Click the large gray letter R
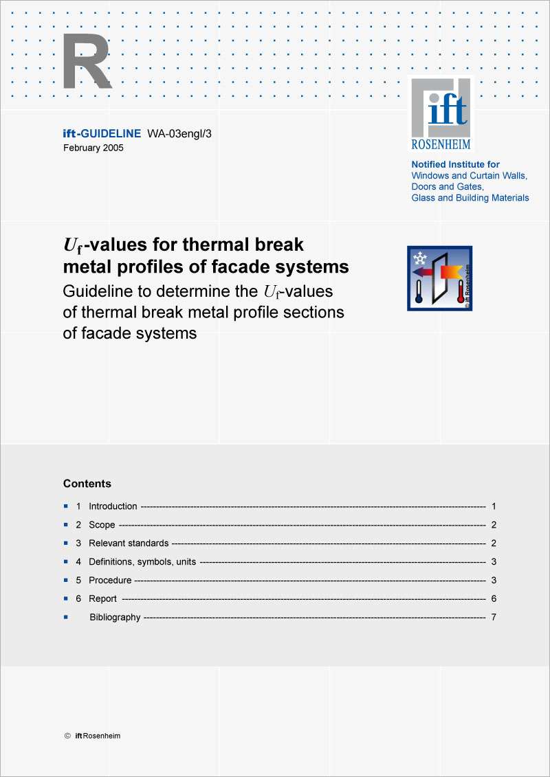click(x=87, y=63)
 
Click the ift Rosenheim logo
click(x=441, y=114)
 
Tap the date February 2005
click(x=93, y=148)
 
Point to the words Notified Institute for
click(x=455, y=165)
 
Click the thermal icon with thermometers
click(x=439, y=278)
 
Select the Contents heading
click(x=87, y=484)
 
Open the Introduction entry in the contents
click(x=113, y=506)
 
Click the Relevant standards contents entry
click(x=129, y=543)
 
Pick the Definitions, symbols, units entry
click(x=142, y=562)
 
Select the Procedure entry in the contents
click(x=110, y=581)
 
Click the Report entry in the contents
click(x=102, y=599)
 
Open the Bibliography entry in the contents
click(x=115, y=618)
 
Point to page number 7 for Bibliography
click(x=494, y=618)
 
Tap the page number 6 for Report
click(x=494, y=599)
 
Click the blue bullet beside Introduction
click(x=66, y=506)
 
